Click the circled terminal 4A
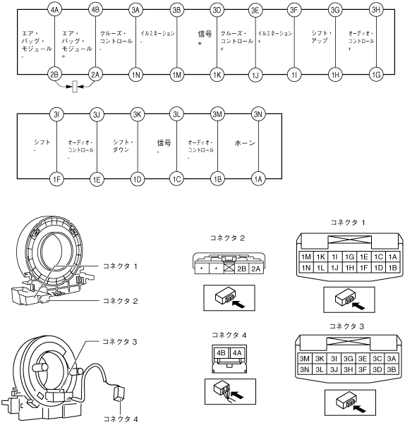(x=54, y=10)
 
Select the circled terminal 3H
(x=375, y=10)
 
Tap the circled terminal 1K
(x=217, y=75)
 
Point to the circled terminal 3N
(x=258, y=114)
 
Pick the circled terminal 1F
(x=56, y=179)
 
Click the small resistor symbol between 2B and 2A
(x=75, y=87)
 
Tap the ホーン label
(x=245, y=143)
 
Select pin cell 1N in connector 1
(x=306, y=268)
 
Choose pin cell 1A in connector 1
(x=392, y=257)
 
